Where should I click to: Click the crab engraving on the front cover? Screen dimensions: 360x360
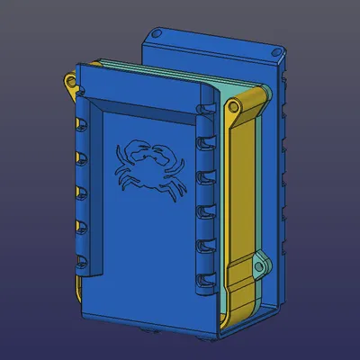point(148,166)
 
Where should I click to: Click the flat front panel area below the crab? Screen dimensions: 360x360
point(148,252)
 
